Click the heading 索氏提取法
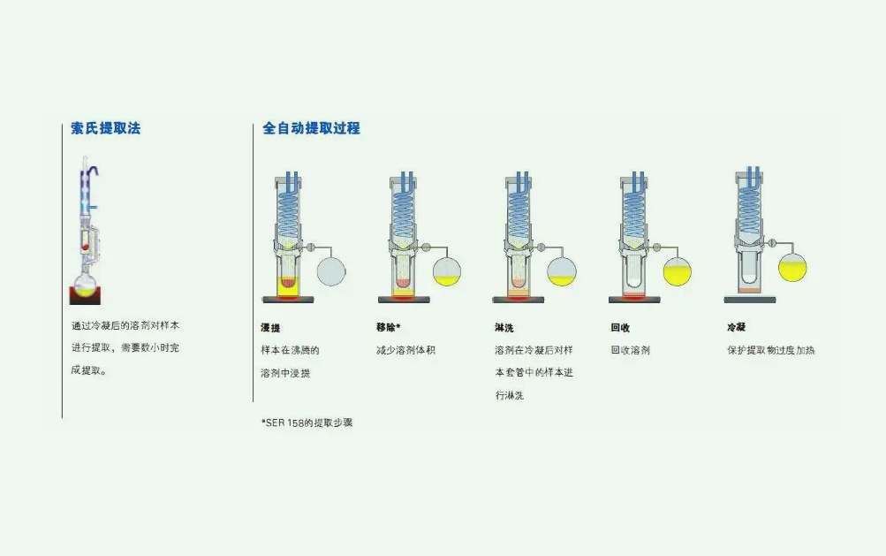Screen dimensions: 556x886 (x=105, y=128)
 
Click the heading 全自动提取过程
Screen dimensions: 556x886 (x=311, y=128)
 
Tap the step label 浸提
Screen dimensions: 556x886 (x=270, y=328)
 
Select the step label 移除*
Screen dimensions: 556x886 (x=388, y=328)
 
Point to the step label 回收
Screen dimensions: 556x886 (x=620, y=328)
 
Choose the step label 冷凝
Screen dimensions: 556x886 (x=736, y=328)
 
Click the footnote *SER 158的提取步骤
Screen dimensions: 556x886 (x=307, y=423)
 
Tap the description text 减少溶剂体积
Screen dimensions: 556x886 (x=405, y=350)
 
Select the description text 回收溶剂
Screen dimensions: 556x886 (x=630, y=350)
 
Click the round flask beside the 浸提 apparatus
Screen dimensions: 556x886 (x=331, y=270)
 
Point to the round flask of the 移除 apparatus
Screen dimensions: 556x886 (x=447, y=270)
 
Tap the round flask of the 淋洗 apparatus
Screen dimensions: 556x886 (x=562, y=270)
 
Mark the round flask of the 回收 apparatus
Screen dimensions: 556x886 (x=677, y=270)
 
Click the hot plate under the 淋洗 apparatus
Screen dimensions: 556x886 (x=519, y=300)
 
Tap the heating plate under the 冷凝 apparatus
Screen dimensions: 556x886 (x=749, y=300)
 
